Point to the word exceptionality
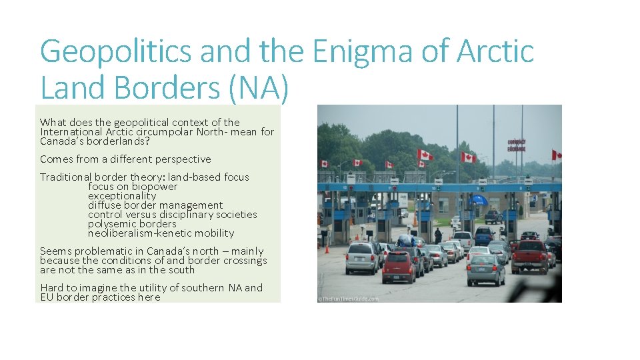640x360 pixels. (122, 196)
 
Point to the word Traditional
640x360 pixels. (65, 177)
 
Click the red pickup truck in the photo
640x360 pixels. (531, 257)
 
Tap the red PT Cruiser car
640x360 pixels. (398, 267)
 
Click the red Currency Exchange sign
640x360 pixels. (517, 145)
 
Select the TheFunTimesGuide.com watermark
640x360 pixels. (349, 299)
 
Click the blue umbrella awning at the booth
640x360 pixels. (478, 199)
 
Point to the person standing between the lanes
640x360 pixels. (438, 235)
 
